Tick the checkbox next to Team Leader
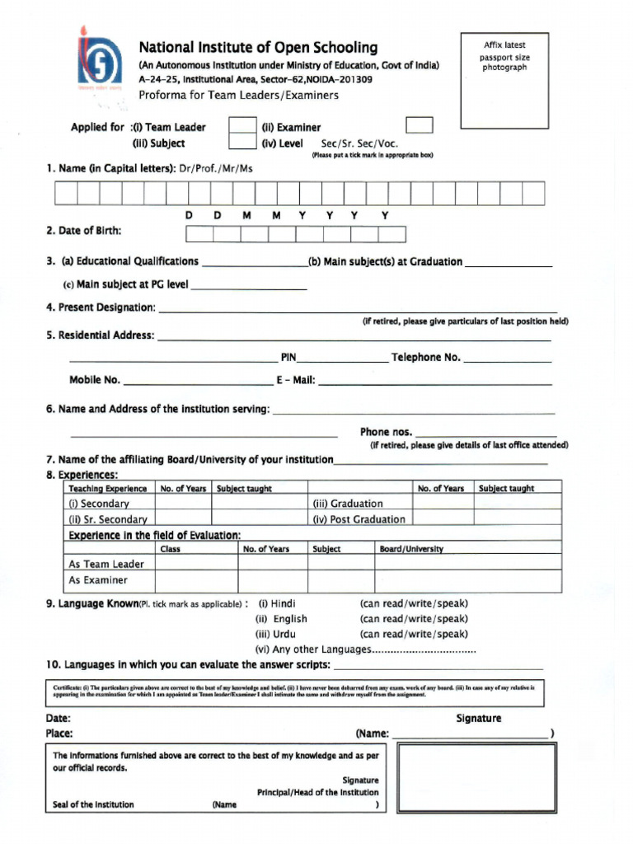[241, 126]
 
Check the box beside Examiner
[420, 125]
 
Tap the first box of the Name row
[66, 193]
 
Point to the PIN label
[288, 358]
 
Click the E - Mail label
[294, 380]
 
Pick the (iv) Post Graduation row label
[359, 519]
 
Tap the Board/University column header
[411, 549]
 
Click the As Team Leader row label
[106, 564]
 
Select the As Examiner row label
[98, 580]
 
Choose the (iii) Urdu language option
[279, 634]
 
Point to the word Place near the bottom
[59, 733]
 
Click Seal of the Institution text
[93, 804]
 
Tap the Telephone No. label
[425, 358]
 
